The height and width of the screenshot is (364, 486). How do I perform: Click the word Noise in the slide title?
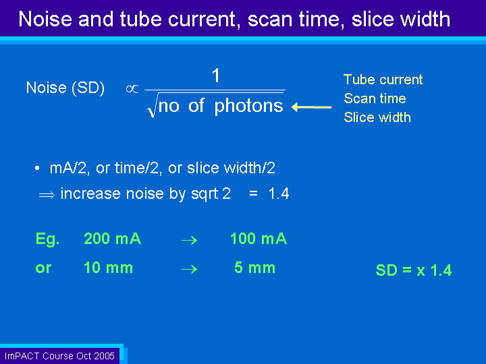pyautogui.click(x=46, y=19)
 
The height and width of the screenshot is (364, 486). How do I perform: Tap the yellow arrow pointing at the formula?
pyautogui.click(x=311, y=107)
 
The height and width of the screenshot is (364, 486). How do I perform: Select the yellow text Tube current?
pyautogui.click(x=383, y=80)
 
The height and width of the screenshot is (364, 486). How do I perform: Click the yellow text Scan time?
pyautogui.click(x=375, y=98)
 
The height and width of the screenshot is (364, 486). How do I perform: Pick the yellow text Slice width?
pyautogui.click(x=377, y=117)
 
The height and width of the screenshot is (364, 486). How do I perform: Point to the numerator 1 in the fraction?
pyautogui.click(x=216, y=75)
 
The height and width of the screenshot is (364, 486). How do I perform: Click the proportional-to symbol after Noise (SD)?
pyautogui.click(x=132, y=89)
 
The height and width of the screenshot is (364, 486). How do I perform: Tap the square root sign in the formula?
pyautogui.click(x=152, y=106)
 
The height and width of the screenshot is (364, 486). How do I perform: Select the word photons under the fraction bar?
pyautogui.click(x=249, y=106)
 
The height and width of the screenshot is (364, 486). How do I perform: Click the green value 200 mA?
pyautogui.click(x=112, y=239)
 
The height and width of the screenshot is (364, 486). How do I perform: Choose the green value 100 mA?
pyautogui.click(x=259, y=239)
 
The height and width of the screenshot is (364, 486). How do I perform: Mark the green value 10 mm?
pyautogui.click(x=108, y=268)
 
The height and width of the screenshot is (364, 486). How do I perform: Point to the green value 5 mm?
pyautogui.click(x=254, y=268)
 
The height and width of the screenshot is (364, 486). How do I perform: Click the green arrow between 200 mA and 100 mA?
pyautogui.click(x=190, y=240)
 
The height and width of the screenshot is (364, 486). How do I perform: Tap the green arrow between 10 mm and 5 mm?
pyautogui.click(x=190, y=269)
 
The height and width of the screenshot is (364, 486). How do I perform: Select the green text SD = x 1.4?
pyautogui.click(x=414, y=270)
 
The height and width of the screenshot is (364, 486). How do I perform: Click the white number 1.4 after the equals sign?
pyautogui.click(x=279, y=193)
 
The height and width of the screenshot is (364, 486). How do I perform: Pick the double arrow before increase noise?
pyautogui.click(x=47, y=195)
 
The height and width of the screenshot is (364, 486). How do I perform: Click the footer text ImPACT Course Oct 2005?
pyautogui.click(x=59, y=356)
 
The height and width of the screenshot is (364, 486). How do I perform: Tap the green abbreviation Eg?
pyautogui.click(x=47, y=239)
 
